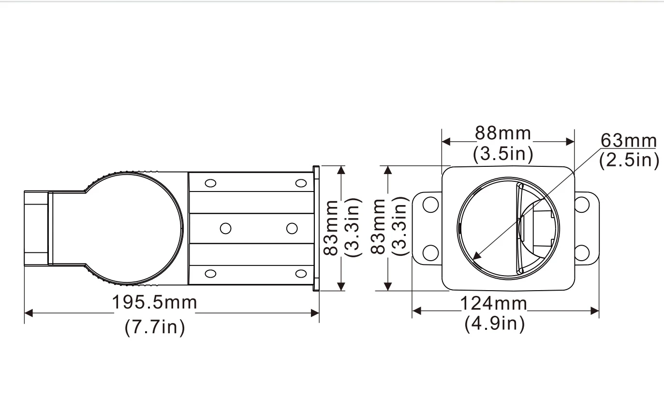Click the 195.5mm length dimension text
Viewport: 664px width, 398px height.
pyautogui.click(x=155, y=303)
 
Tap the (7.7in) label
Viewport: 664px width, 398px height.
pyautogui.click(x=155, y=328)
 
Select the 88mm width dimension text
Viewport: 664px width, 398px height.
pyautogui.click(x=503, y=133)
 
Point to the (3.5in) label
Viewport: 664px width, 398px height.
pyautogui.click(x=503, y=155)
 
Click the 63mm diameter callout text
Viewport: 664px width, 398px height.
pyautogui.click(x=629, y=141)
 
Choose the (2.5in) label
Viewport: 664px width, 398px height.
pyautogui.click(x=629, y=160)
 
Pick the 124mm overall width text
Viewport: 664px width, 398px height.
pyautogui.click(x=493, y=304)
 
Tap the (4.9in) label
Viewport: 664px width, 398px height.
pyautogui.click(x=494, y=324)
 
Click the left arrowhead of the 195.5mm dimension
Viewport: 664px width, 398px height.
pyautogui.click(x=28, y=313)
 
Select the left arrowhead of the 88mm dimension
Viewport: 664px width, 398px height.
pyautogui.click(x=446, y=142)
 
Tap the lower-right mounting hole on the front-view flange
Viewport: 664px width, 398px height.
pyautogui.click(x=582, y=252)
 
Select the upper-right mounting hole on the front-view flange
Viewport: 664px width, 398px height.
pyautogui.click(x=582, y=205)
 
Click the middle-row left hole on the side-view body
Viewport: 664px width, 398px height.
pyautogui.click(x=225, y=228)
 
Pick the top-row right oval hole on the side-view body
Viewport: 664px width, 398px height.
pyautogui.click(x=301, y=183)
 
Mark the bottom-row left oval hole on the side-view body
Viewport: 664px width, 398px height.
pyautogui.click(x=210, y=274)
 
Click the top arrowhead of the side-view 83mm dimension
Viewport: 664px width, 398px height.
pyautogui.click(x=342, y=169)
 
